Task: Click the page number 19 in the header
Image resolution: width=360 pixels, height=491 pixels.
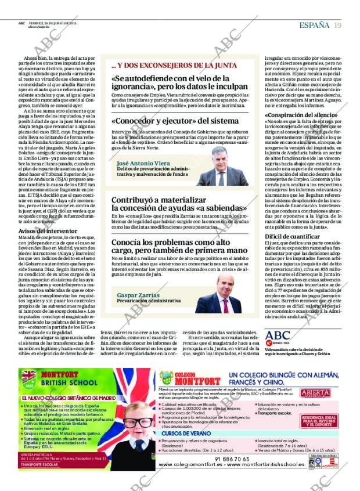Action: [x=337, y=25]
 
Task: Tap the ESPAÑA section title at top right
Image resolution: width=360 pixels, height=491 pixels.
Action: [x=314, y=25]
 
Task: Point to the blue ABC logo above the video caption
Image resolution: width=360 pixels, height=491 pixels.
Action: [x=277, y=335]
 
